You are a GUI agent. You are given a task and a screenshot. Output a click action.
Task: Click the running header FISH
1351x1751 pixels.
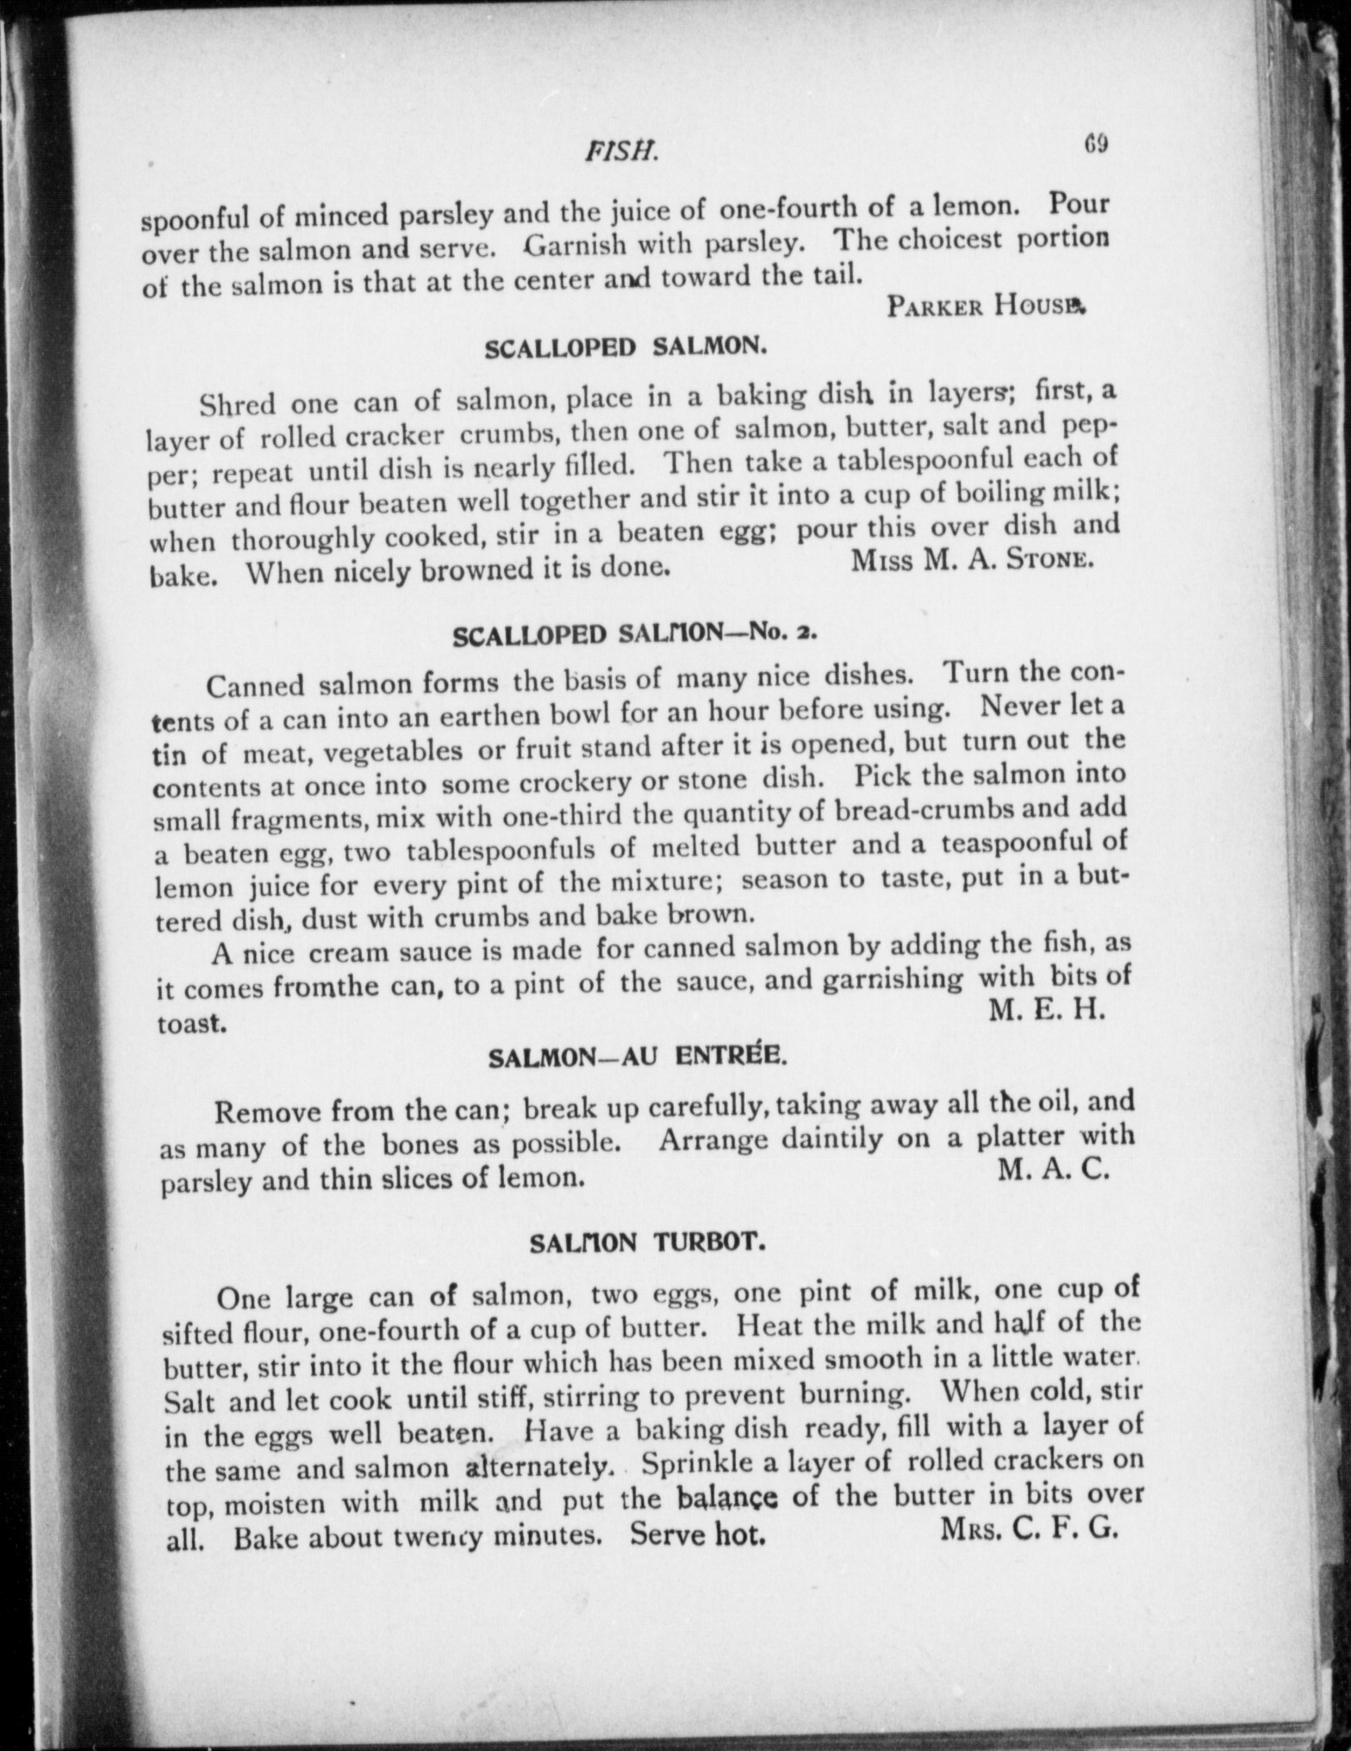click(621, 153)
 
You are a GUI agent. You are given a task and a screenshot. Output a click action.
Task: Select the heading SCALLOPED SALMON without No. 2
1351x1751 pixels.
click(625, 347)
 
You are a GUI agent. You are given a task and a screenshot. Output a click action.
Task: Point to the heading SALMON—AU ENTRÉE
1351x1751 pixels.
click(637, 1057)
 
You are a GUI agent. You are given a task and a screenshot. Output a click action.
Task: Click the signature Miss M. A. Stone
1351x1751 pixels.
click(972, 559)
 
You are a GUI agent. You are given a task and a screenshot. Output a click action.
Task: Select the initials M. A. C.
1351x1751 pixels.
click(1052, 1171)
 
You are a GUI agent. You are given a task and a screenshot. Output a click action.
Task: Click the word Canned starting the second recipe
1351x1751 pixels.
click(256, 686)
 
